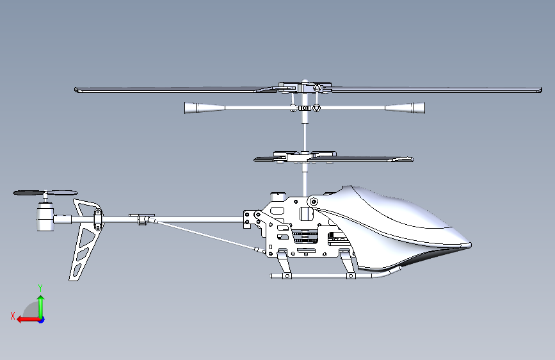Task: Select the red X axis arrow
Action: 24,319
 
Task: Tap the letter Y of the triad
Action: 40,288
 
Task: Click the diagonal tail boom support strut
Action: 205,234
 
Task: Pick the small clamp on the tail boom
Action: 143,218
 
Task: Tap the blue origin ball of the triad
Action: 41,319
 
